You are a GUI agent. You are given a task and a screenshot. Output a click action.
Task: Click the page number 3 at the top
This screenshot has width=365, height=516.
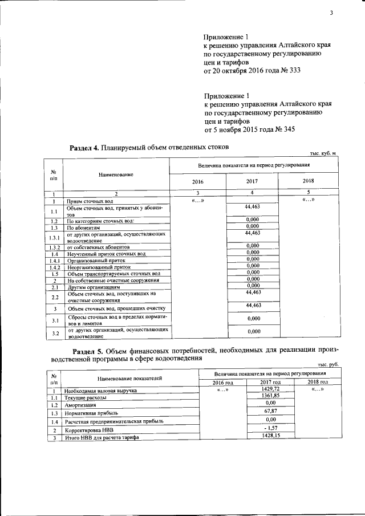tap(330, 14)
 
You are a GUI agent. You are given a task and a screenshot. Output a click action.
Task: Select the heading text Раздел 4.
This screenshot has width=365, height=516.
tap(84, 147)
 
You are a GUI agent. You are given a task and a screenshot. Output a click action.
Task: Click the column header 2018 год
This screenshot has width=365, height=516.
tap(318, 382)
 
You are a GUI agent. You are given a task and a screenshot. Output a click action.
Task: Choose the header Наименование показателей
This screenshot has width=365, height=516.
tap(129, 377)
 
